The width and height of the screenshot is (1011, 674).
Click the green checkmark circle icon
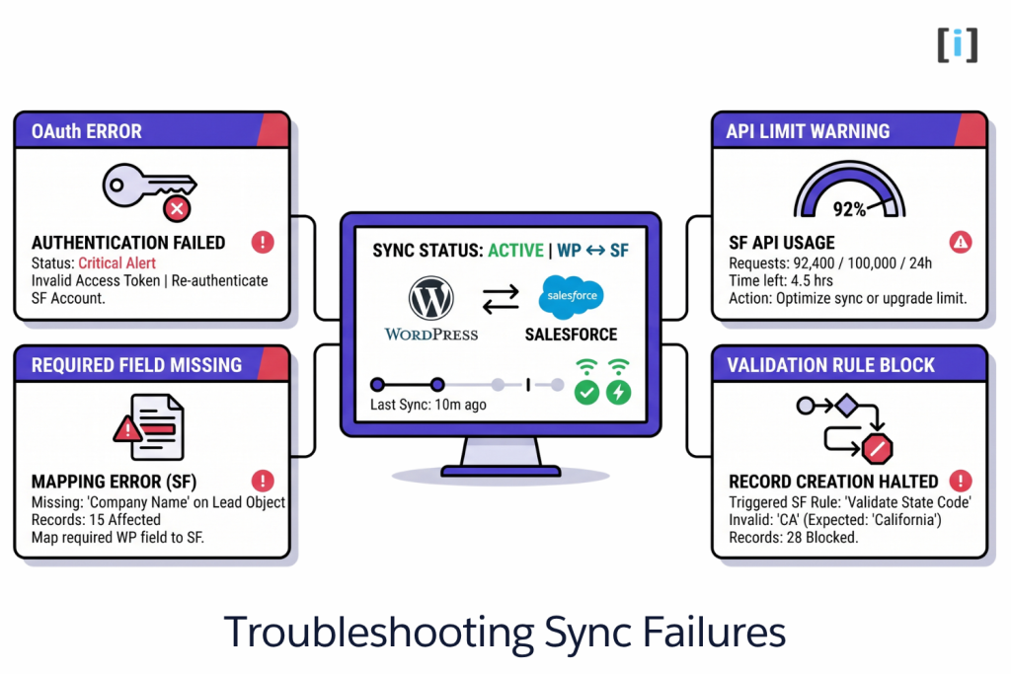click(x=586, y=392)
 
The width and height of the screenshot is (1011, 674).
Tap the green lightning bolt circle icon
click(x=619, y=392)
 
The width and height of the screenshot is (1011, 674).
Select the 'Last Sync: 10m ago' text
click(x=428, y=405)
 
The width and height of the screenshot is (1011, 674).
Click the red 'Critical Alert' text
click(x=117, y=263)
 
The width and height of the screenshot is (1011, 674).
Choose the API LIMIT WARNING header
click(x=808, y=131)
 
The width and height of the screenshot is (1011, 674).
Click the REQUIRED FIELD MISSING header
click(x=136, y=365)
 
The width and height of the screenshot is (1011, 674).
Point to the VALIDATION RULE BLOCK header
click(x=830, y=365)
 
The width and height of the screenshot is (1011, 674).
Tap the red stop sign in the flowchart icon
click(x=876, y=449)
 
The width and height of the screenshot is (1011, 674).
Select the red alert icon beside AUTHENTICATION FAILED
click(x=262, y=242)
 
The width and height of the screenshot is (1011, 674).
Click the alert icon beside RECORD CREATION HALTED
click(x=959, y=481)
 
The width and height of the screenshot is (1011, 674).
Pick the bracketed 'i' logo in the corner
click(x=957, y=45)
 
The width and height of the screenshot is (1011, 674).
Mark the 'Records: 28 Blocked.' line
click(x=794, y=538)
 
